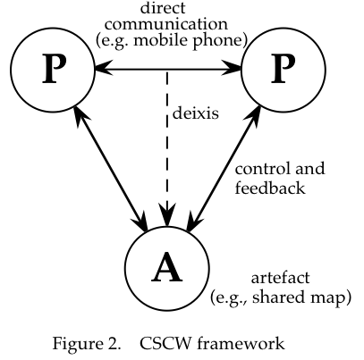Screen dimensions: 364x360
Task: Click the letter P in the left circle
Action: [x=54, y=69]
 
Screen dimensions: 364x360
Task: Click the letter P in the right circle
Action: [x=283, y=69]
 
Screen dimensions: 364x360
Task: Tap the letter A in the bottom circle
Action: [x=166, y=267]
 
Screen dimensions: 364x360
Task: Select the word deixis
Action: [x=196, y=113]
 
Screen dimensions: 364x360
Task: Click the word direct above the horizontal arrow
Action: [x=163, y=8]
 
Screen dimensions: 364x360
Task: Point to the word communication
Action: [x=166, y=24]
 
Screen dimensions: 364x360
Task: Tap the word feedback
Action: [x=270, y=188]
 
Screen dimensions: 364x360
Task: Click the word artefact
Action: [x=280, y=278]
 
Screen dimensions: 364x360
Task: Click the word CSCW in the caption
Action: [x=165, y=343]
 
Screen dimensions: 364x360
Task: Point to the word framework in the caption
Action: [x=241, y=343]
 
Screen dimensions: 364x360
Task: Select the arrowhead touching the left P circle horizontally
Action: [x=103, y=69]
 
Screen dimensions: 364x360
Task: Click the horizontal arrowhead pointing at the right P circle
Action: [x=233, y=69]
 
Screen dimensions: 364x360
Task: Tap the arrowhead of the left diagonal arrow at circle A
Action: [x=140, y=222]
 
